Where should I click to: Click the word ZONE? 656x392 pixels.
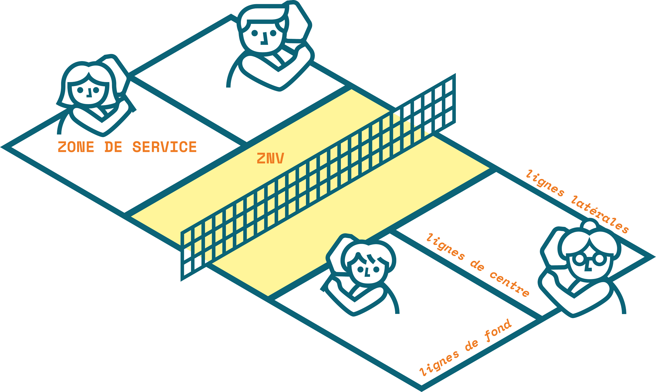(76, 147)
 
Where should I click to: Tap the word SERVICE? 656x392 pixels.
(165, 147)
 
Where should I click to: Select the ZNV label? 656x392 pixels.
(270, 159)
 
